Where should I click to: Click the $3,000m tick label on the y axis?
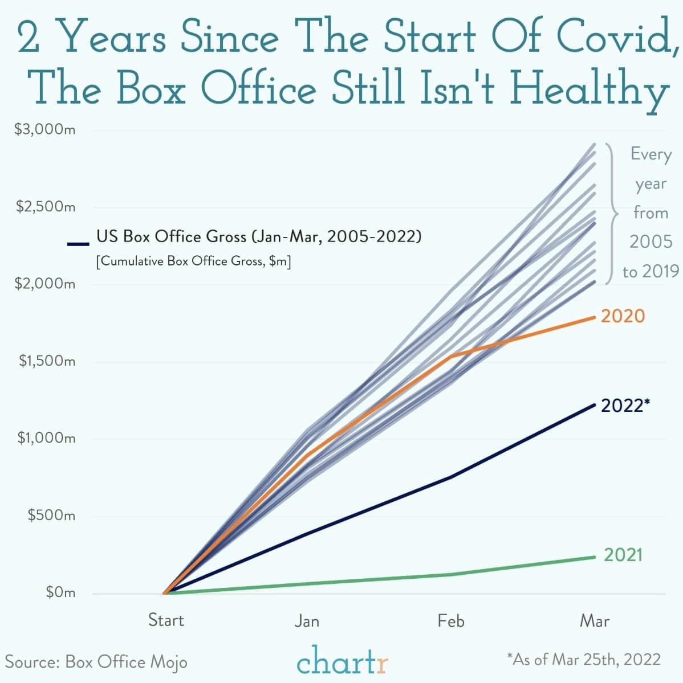pos(44,130)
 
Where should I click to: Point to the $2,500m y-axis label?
pos(45,206)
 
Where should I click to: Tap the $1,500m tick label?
pos(47,361)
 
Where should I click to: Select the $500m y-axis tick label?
pos(51,516)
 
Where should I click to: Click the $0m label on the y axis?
pos(60,592)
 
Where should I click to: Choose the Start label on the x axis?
pos(166,620)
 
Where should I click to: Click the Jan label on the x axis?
pos(307,620)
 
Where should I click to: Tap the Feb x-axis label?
pos(451,620)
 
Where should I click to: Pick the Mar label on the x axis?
pos(595,620)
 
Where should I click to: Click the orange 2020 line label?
pos(623,316)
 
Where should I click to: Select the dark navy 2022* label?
pos(625,405)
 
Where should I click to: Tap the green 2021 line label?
pos(623,554)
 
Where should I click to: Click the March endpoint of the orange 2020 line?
pos(595,317)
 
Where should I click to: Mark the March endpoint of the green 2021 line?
pos(595,557)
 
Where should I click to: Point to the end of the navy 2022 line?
pos(595,405)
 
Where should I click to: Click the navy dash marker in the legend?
pos(78,244)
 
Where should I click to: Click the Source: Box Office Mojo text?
pos(96,662)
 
